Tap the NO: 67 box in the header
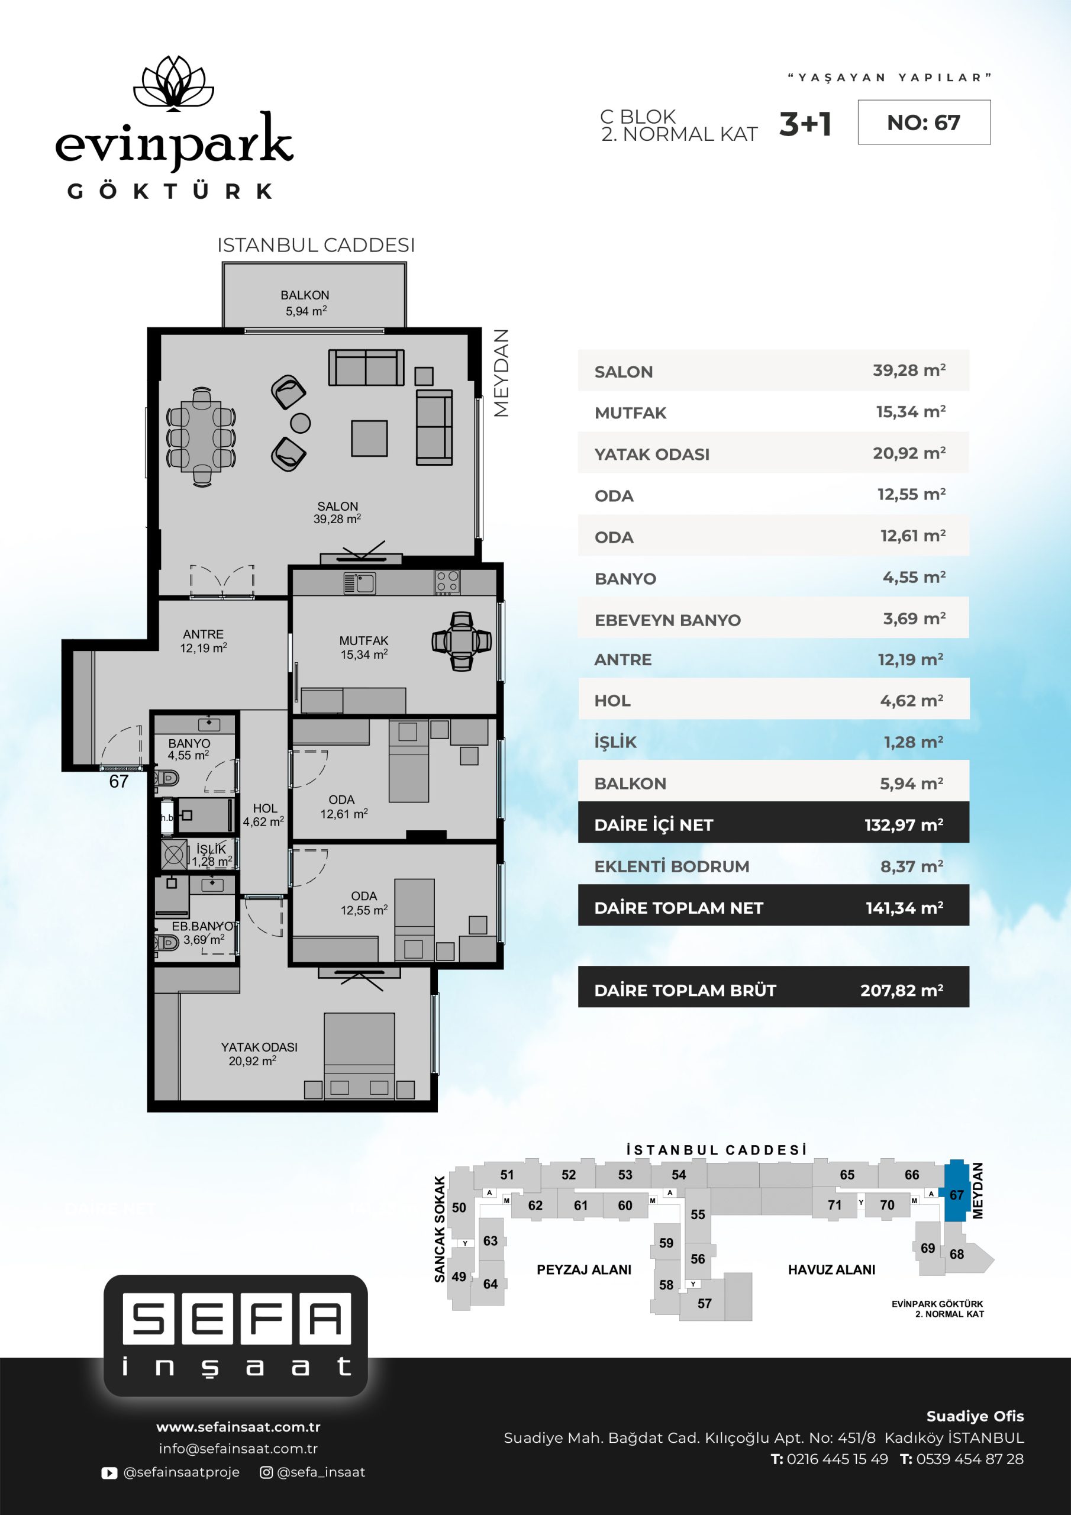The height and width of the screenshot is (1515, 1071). point(924,122)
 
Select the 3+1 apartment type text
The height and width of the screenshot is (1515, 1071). point(805,124)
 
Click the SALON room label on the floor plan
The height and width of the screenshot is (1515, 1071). point(337,512)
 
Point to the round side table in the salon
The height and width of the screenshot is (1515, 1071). point(300,423)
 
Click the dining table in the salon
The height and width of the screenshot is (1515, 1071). point(202,436)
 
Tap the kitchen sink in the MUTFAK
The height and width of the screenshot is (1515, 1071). point(360,584)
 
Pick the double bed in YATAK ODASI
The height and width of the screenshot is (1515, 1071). point(359,1056)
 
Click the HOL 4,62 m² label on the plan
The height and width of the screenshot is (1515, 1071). point(264,815)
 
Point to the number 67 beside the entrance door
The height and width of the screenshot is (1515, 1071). point(119,782)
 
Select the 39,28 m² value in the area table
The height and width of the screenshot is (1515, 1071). point(909,370)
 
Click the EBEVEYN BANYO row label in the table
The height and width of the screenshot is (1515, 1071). point(668,620)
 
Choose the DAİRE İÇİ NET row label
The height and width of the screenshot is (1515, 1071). point(654,825)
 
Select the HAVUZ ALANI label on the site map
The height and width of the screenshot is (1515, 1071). point(831,1269)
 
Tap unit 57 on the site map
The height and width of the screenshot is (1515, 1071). point(705,1303)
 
